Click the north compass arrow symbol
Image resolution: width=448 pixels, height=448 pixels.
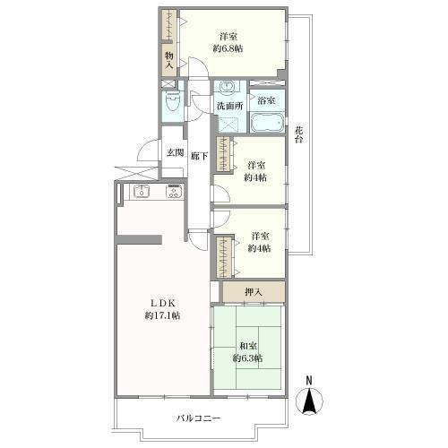309,401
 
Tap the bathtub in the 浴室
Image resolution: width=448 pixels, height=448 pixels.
267,123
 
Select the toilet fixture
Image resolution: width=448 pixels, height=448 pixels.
172,101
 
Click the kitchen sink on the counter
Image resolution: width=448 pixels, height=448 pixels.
142,191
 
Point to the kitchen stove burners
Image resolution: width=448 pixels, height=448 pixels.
174,191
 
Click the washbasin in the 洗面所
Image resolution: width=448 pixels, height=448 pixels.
227,87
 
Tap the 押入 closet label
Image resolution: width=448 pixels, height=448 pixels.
254,292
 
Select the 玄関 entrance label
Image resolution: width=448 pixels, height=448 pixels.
175,152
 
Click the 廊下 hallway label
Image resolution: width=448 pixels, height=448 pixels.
199,156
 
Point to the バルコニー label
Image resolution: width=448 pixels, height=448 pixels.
198,418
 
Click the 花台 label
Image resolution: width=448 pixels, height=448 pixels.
299,134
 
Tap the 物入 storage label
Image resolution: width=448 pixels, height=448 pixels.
169,60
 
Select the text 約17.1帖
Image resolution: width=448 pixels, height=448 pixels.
162,315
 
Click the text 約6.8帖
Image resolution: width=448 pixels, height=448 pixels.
228,48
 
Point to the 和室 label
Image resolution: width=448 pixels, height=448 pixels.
248,346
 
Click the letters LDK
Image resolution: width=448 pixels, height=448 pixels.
162,303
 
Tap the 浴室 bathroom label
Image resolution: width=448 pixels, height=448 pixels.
266,100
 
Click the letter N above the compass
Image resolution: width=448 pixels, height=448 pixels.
309,381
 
